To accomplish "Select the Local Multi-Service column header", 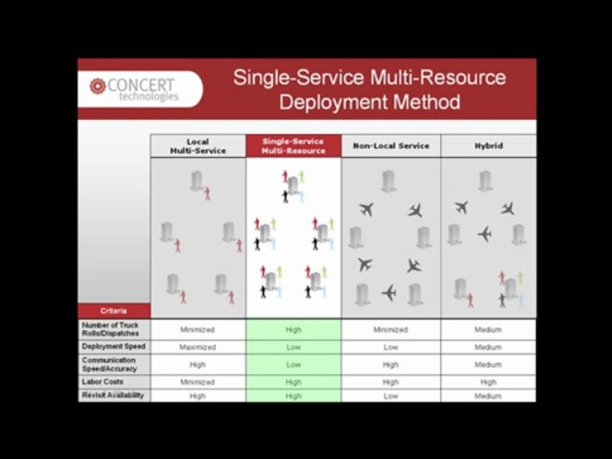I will click(x=198, y=146).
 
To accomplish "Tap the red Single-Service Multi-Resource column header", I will click(x=293, y=146).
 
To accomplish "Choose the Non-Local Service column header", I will click(x=391, y=146).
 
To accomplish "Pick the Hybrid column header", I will click(x=488, y=146).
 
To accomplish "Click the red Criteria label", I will click(x=113, y=311).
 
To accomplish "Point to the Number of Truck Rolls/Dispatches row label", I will click(x=113, y=329).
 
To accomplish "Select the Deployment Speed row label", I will click(x=113, y=347).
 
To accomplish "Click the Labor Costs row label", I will click(x=113, y=382).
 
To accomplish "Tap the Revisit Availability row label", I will click(x=113, y=395).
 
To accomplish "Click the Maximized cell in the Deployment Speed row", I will click(x=198, y=347).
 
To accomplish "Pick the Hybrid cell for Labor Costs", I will click(x=488, y=382).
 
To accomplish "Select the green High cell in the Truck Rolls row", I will click(x=293, y=330).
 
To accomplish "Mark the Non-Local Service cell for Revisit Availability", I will click(x=391, y=396).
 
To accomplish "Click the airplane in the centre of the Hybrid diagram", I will click(x=485, y=234).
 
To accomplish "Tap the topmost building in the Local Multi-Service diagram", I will click(x=197, y=181).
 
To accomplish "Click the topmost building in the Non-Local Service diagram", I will click(x=389, y=181).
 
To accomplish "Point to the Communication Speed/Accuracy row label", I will click(x=113, y=365).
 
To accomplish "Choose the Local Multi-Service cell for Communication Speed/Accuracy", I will click(x=198, y=365).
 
